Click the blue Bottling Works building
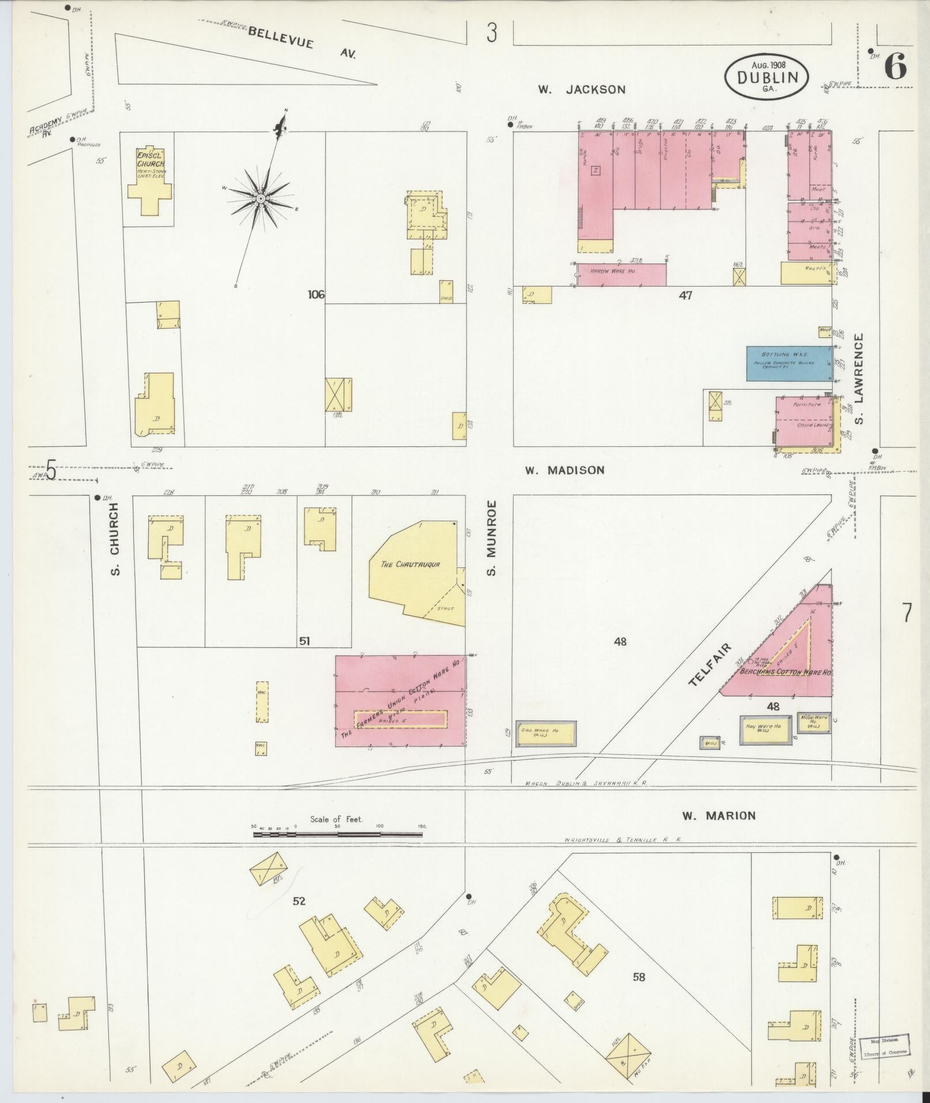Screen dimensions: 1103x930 pyautogui.click(x=789, y=363)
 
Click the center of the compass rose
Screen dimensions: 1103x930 pyautogui.click(x=261, y=199)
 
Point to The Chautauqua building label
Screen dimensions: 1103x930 pyautogui.click(x=411, y=564)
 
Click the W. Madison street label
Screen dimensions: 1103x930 pyautogui.click(x=564, y=470)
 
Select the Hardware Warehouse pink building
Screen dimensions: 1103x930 pyautogui.click(x=622, y=274)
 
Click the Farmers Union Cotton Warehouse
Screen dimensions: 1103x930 pyautogui.click(x=401, y=701)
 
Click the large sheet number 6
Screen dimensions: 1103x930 pyautogui.click(x=894, y=67)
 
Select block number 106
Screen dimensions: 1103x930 pyautogui.click(x=316, y=295)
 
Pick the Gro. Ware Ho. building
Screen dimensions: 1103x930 pyautogui.click(x=545, y=732)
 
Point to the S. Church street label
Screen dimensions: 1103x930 pyautogui.click(x=115, y=539)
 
